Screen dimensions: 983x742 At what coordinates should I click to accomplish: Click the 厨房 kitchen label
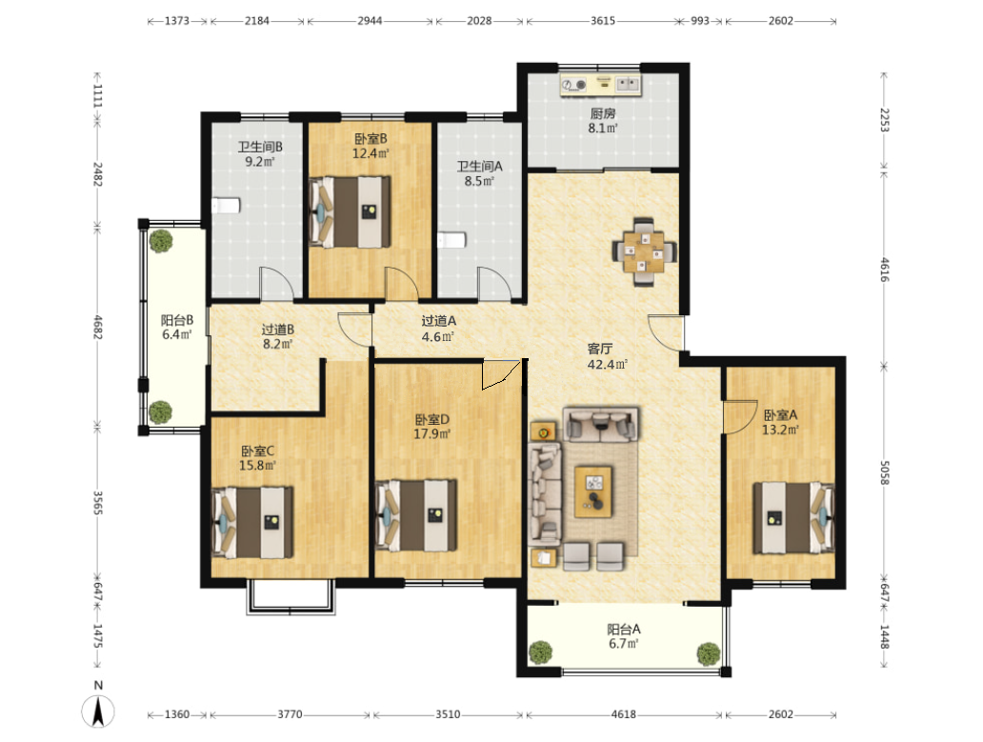(602, 113)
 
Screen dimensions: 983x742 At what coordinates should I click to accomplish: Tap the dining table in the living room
(645, 251)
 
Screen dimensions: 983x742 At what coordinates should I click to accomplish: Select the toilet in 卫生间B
(226, 206)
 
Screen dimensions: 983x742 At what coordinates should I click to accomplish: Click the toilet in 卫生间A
(451, 240)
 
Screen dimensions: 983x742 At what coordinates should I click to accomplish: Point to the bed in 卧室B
(350, 211)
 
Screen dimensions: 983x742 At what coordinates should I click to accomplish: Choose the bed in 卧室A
(793, 517)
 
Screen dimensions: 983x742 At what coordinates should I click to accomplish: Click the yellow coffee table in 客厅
(593, 491)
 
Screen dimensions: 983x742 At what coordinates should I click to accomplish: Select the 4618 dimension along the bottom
(623, 714)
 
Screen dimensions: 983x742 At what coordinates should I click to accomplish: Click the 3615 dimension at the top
(602, 21)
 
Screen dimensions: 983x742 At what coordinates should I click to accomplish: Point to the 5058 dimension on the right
(884, 472)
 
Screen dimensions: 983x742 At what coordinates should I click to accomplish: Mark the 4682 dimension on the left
(98, 327)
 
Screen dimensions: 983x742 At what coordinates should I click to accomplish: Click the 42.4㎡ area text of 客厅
(607, 364)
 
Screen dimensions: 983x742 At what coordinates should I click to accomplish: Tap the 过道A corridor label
(439, 321)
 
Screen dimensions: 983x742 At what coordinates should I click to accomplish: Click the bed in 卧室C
(252, 522)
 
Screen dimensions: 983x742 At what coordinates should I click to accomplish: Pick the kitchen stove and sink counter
(601, 85)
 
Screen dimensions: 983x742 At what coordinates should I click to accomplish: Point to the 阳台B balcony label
(177, 320)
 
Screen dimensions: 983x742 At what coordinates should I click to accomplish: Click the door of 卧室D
(500, 374)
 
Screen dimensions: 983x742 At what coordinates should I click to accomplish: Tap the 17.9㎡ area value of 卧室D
(431, 433)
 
